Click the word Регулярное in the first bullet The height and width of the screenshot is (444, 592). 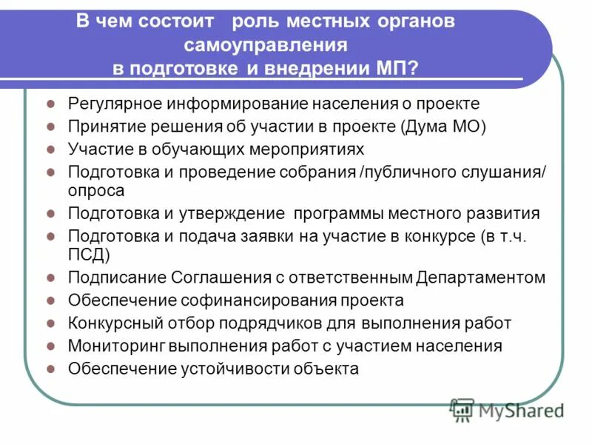coord(112,104)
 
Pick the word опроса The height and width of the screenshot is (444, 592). coord(96,189)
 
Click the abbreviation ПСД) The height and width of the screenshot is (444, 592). coord(89,255)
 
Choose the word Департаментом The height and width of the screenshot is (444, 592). coord(480,278)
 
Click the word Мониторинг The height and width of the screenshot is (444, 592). coord(116,346)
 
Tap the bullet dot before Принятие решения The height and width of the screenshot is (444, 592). coord(50,127)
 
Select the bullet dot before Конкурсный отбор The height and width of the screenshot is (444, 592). coord(50,324)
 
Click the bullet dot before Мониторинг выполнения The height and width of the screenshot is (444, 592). coord(50,346)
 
